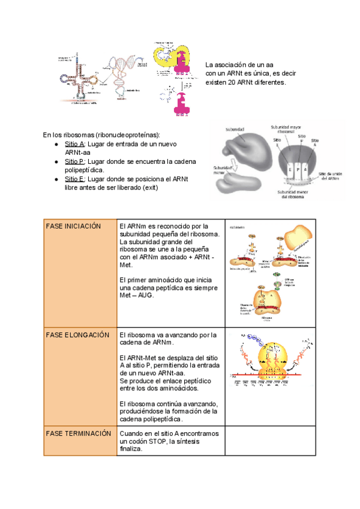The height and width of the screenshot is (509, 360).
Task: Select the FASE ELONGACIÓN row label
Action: (77, 334)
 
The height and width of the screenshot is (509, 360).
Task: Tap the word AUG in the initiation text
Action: (146, 295)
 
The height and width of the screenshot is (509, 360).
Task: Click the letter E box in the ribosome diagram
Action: (290, 170)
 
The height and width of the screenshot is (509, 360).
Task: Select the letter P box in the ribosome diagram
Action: (299, 170)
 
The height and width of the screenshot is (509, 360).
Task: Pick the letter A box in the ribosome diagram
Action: (308, 170)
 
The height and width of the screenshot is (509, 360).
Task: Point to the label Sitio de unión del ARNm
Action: (333, 175)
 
